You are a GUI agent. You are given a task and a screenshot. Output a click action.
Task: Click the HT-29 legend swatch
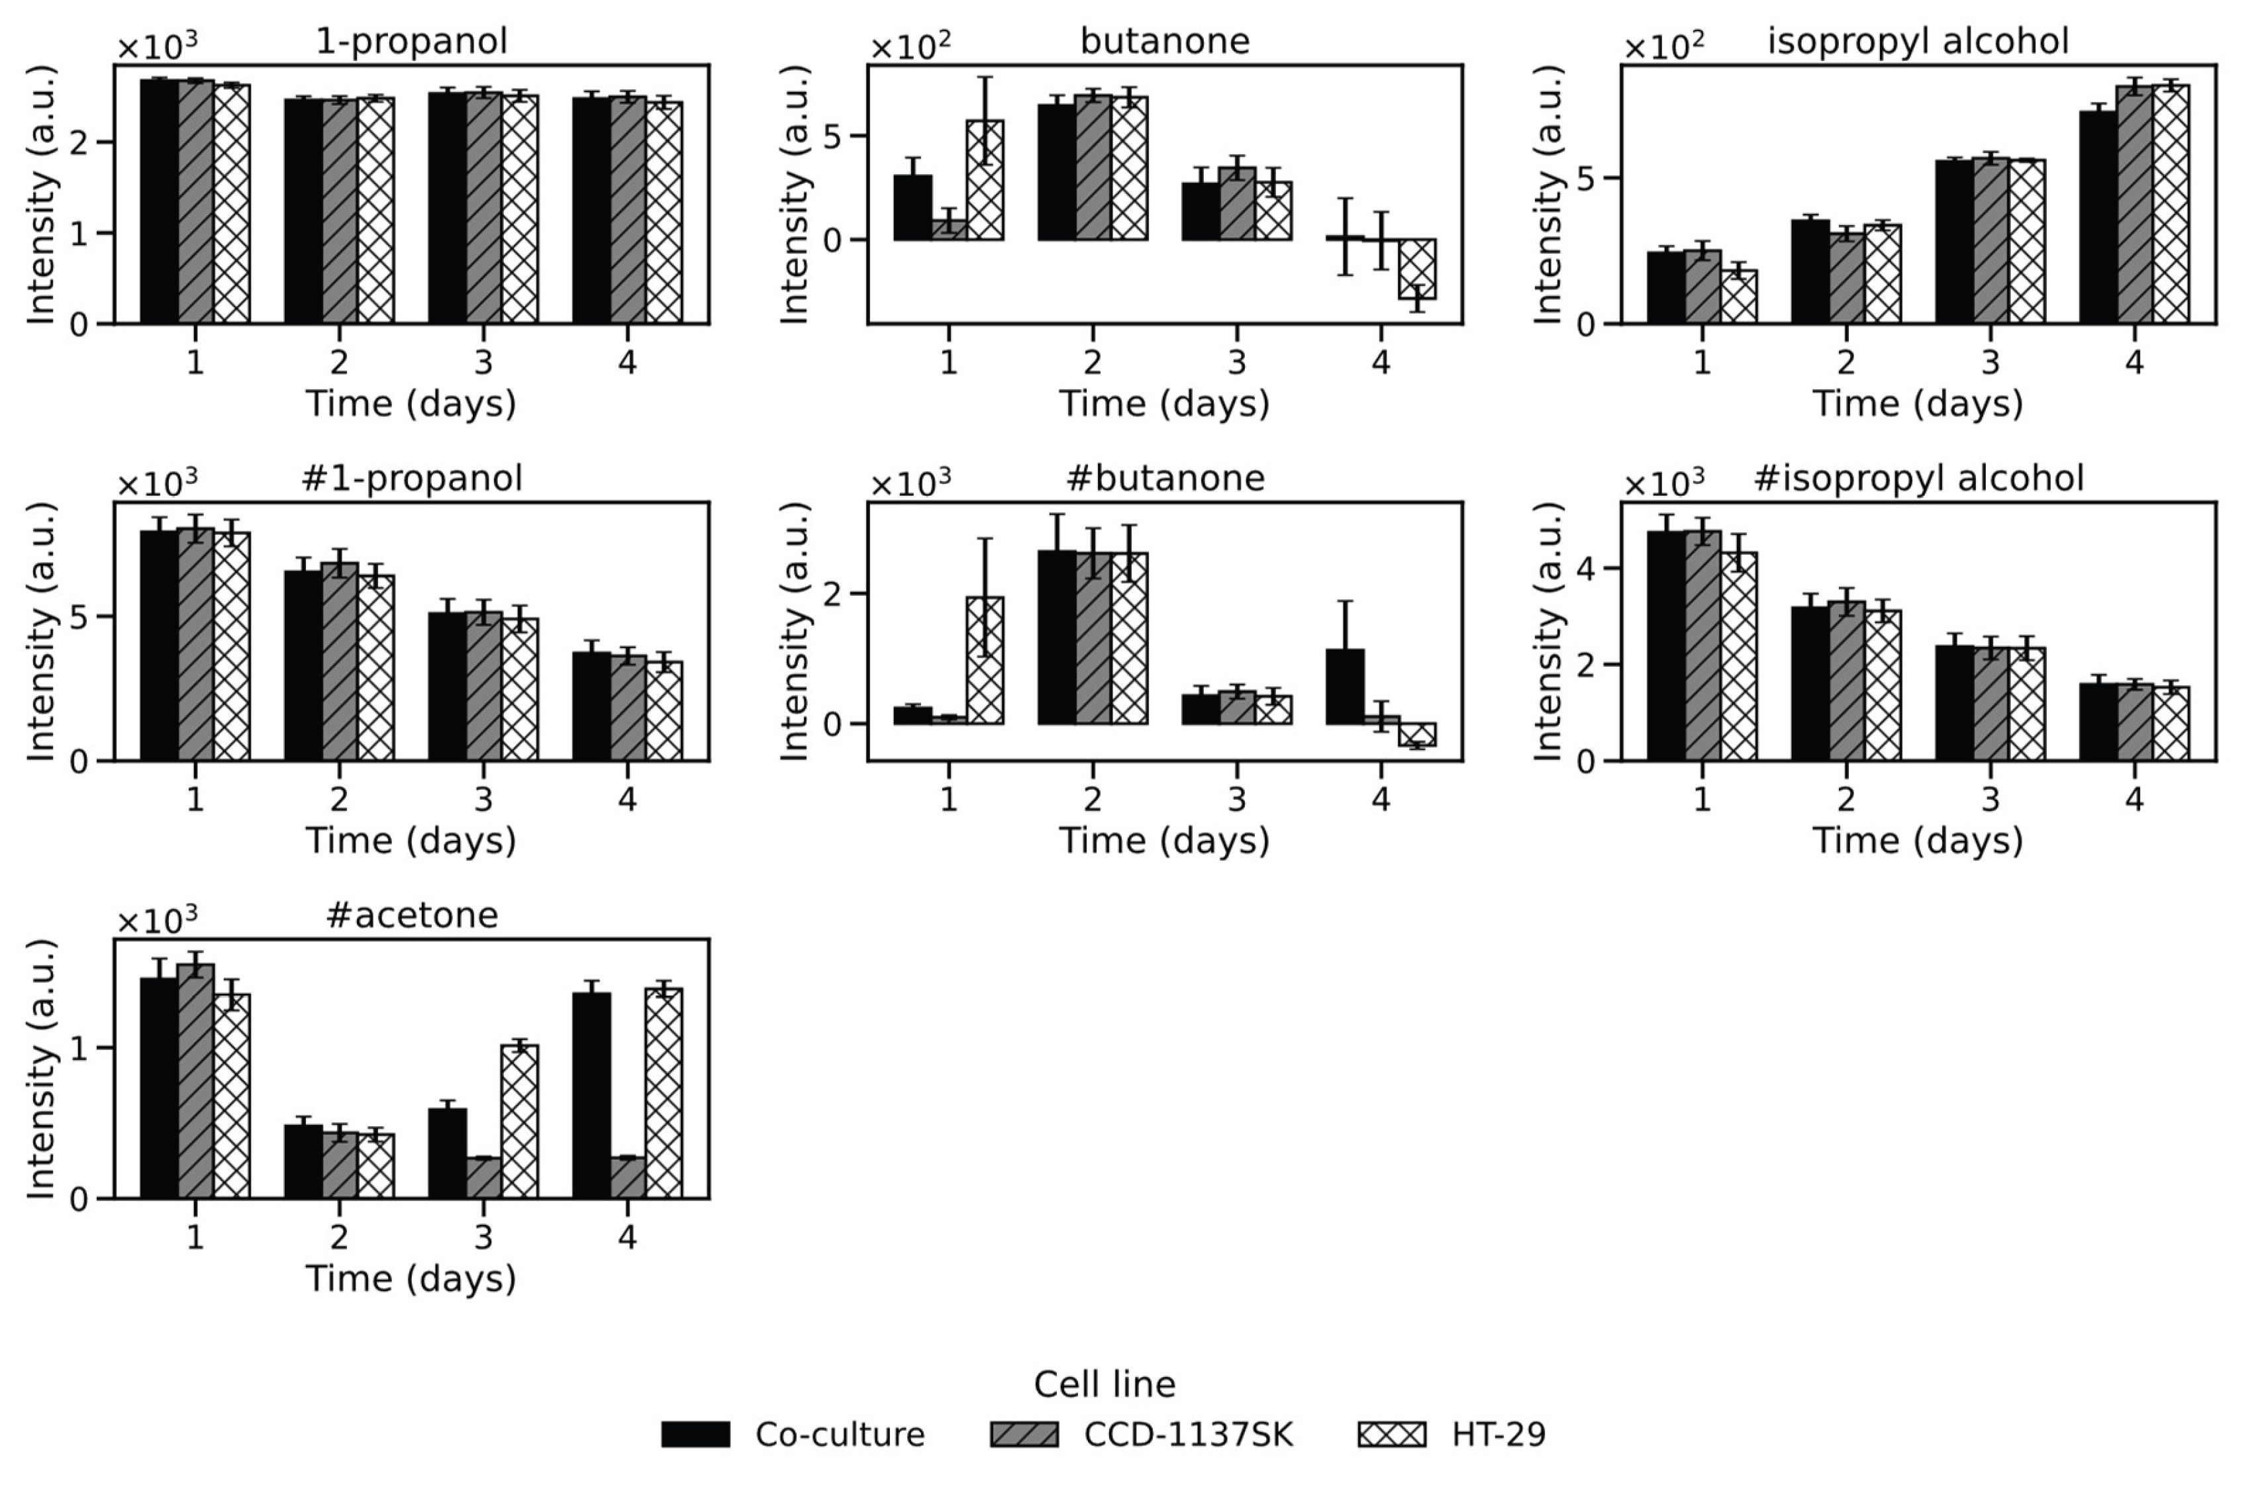click(x=1391, y=1434)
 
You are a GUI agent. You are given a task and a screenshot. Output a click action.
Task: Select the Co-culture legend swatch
click(x=696, y=1434)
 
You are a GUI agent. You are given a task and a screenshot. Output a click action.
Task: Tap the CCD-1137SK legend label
click(x=1189, y=1434)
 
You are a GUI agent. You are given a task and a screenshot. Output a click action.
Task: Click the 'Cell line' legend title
click(x=1105, y=1384)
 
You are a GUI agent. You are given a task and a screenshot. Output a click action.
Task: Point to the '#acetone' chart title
click(x=411, y=916)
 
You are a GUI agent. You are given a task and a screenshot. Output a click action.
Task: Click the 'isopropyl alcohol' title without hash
click(x=1918, y=41)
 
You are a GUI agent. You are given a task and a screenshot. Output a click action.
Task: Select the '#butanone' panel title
click(x=1165, y=477)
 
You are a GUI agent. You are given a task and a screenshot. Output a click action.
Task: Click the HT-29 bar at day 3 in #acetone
click(x=519, y=1122)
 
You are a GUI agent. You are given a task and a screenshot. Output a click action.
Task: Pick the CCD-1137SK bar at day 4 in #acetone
click(x=628, y=1177)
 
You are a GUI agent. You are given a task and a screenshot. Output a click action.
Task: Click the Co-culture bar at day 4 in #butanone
click(x=1346, y=687)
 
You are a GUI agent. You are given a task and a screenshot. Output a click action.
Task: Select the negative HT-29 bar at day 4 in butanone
click(x=1417, y=269)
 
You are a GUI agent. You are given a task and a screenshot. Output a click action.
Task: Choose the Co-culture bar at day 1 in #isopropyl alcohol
click(x=1667, y=646)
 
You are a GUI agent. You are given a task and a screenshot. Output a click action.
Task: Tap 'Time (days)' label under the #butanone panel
click(x=1164, y=840)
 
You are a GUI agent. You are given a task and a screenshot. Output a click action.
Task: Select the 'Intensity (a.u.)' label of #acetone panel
click(x=41, y=1069)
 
